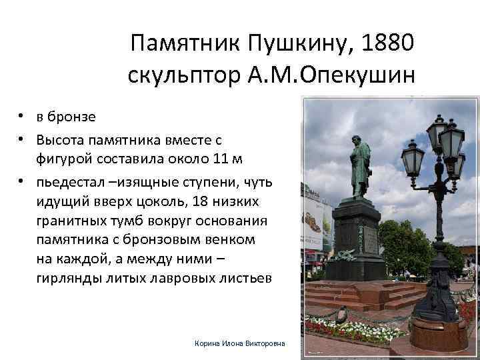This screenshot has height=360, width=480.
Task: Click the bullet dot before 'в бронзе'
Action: [23, 117]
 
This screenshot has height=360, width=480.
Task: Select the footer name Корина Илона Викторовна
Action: [239, 343]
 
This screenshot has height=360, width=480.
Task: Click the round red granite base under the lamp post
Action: [438, 334]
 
